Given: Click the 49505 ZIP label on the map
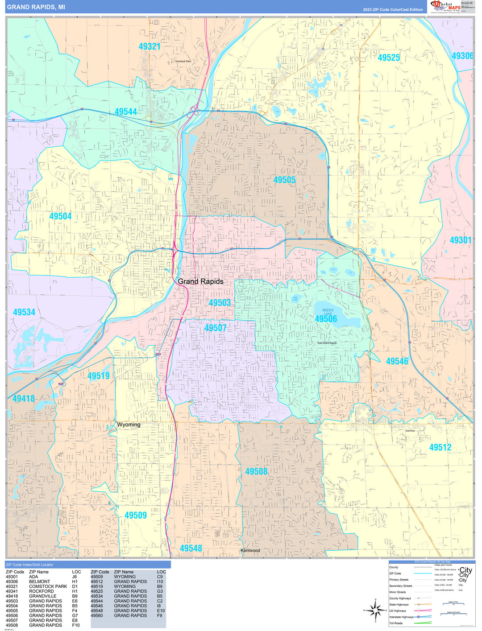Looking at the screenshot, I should (284, 180).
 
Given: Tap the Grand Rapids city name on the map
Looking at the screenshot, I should (200, 281).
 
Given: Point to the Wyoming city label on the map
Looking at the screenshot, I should (129, 425).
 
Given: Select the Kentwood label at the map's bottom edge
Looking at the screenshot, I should (250, 550).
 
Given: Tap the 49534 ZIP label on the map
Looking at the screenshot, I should (24, 312).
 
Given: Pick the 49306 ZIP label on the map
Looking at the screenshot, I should (462, 56).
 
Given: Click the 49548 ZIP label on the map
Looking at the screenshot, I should (191, 548).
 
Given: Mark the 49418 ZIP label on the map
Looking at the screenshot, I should (23, 398).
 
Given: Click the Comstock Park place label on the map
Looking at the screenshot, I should (183, 62).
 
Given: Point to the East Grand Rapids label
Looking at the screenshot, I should (327, 343).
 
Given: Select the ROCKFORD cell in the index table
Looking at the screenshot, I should (41, 591).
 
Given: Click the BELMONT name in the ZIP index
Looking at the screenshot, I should (39, 582).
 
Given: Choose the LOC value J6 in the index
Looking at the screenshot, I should (75, 577).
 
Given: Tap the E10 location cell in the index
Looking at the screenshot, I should (161, 611).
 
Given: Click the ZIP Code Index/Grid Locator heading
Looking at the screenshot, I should (30, 565).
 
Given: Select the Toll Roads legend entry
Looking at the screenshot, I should (396, 623).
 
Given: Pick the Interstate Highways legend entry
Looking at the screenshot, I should (401, 617).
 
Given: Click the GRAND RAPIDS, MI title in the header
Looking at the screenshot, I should (36, 7).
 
